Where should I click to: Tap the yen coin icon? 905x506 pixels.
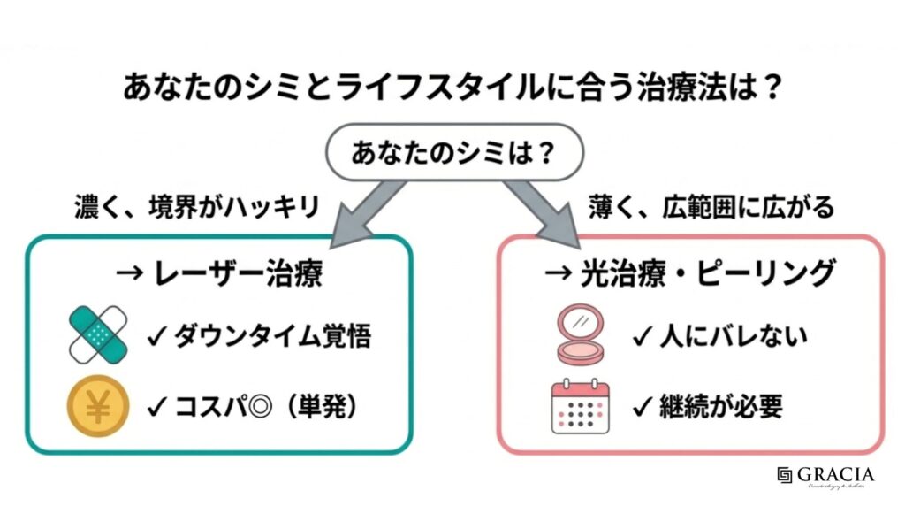pyautogui.click(x=98, y=406)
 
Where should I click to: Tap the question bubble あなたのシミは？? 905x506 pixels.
pyautogui.click(x=452, y=153)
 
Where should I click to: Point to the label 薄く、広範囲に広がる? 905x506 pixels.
pyautogui.click(x=711, y=209)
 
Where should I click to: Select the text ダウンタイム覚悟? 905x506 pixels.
pyautogui.click(x=270, y=337)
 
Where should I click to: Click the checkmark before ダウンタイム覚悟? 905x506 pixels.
pyautogui.click(x=156, y=337)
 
